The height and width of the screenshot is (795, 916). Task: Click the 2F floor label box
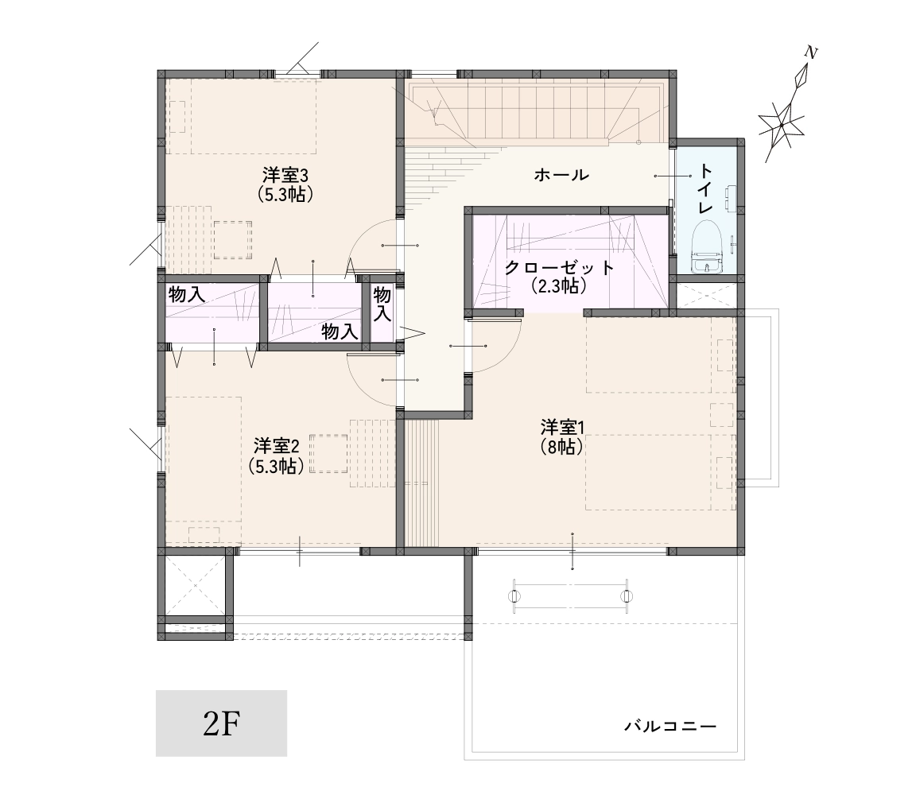221,723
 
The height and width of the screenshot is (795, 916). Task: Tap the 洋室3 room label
285,175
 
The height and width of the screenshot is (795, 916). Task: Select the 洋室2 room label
277,446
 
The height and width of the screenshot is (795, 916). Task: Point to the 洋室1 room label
562,428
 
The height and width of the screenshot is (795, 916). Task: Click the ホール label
561,175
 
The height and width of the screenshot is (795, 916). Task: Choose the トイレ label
706,188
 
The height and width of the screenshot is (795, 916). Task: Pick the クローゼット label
560,268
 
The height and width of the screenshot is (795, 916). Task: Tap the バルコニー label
670,727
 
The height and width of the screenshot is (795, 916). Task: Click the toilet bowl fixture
708,246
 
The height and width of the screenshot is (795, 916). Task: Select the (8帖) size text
562,447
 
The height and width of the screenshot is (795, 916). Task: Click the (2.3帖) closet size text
559,286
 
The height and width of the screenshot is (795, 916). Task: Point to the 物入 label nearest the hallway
382,304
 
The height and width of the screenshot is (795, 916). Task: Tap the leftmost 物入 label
186,294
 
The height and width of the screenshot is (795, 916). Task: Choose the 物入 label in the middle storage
340,332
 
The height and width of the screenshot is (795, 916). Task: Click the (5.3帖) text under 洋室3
285,194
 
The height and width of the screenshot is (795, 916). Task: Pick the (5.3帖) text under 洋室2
277,466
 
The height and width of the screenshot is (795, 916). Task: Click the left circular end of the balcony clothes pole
514,596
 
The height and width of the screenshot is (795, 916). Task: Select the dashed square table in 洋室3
233,240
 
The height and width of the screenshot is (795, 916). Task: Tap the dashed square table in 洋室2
329,454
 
